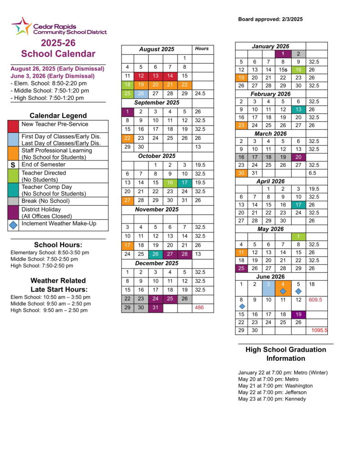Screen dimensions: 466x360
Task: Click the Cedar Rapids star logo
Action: pos(21,26)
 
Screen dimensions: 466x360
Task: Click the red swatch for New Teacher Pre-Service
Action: pos(14,126)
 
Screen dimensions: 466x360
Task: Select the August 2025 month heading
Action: pos(157,49)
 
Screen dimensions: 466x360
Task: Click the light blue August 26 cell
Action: pos(141,93)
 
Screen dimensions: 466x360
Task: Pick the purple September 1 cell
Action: pos(127,111)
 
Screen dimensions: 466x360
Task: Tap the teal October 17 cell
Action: pos(184,182)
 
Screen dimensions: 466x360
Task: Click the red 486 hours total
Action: pos(199,308)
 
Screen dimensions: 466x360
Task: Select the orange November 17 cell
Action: pos(127,245)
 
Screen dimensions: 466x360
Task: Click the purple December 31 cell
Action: pos(155,308)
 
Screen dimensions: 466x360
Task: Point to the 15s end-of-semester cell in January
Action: pos(283,70)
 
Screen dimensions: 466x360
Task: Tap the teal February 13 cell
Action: pos(298,110)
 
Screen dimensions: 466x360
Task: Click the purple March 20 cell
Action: pos(298,157)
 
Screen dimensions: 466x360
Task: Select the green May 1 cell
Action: pos(298,237)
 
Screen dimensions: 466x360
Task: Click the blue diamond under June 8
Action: pos(242,306)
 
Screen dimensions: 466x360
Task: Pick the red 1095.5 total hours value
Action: pos(319,330)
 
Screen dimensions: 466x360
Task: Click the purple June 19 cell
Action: pos(298,314)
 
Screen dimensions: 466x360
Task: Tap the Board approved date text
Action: pos(270,19)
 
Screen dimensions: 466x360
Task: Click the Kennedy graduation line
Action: pos(272,399)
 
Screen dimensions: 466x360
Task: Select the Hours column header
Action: pos(202,49)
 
